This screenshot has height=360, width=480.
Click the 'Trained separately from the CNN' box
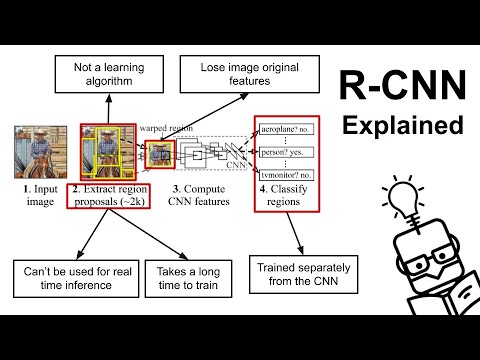[x=304, y=274]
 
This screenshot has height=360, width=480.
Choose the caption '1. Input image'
[x=38, y=194]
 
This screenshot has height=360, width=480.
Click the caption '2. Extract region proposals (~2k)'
[x=107, y=194]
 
